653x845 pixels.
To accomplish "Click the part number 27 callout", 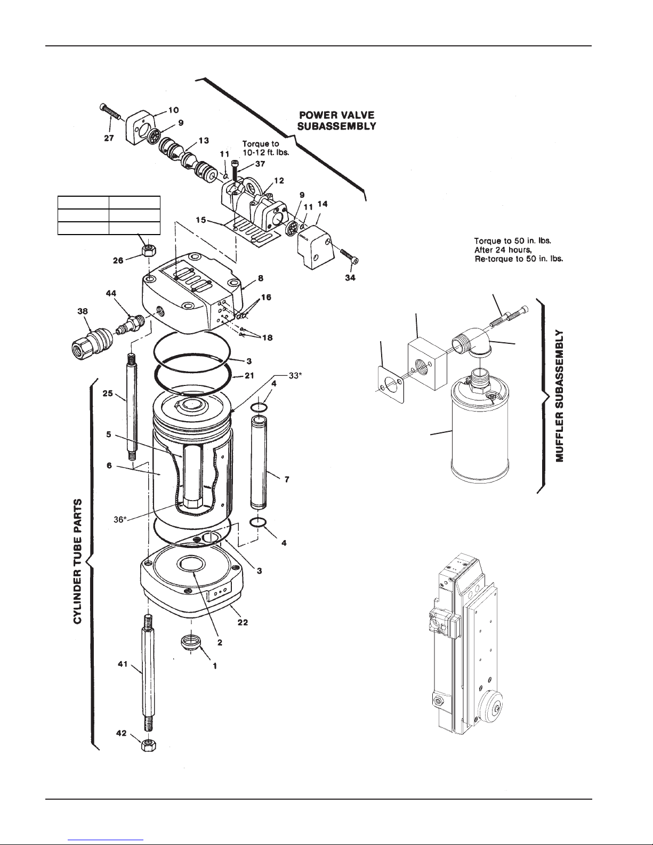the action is (x=109, y=138).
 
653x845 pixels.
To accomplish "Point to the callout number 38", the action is (x=83, y=311).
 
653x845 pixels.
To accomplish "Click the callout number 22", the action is (x=243, y=622).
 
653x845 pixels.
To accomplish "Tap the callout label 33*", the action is (x=295, y=376).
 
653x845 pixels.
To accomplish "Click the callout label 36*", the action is (x=120, y=519).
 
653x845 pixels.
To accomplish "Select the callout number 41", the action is (x=123, y=664).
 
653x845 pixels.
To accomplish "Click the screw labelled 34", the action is (x=350, y=255).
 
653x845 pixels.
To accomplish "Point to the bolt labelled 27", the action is (x=111, y=111).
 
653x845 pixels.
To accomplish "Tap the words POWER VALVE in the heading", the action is (x=337, y=115).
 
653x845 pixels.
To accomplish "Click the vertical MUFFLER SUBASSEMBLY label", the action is (x=560, y=396).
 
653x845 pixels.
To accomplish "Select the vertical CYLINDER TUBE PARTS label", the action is (x=78, y=562).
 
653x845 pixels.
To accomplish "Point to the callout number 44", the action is (x=111, y=293).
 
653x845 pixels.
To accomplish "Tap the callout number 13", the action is (x=204, y=141).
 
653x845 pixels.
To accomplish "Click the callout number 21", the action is (x=249, y=376).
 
